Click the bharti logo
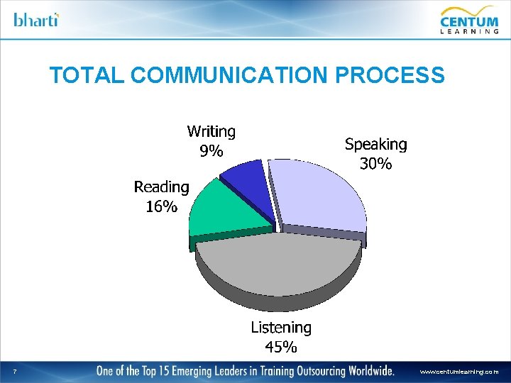(36, 19)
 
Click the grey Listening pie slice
(277, 266)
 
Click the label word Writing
(211, 132)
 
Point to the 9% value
(211, 151)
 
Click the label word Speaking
(375, 145)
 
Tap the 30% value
(375, 164)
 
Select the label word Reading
(162, 187)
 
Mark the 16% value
(162, 206)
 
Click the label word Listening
(281, 328)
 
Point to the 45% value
(281, 347)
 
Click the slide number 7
(15, 371)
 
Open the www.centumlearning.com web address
(459, 371)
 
